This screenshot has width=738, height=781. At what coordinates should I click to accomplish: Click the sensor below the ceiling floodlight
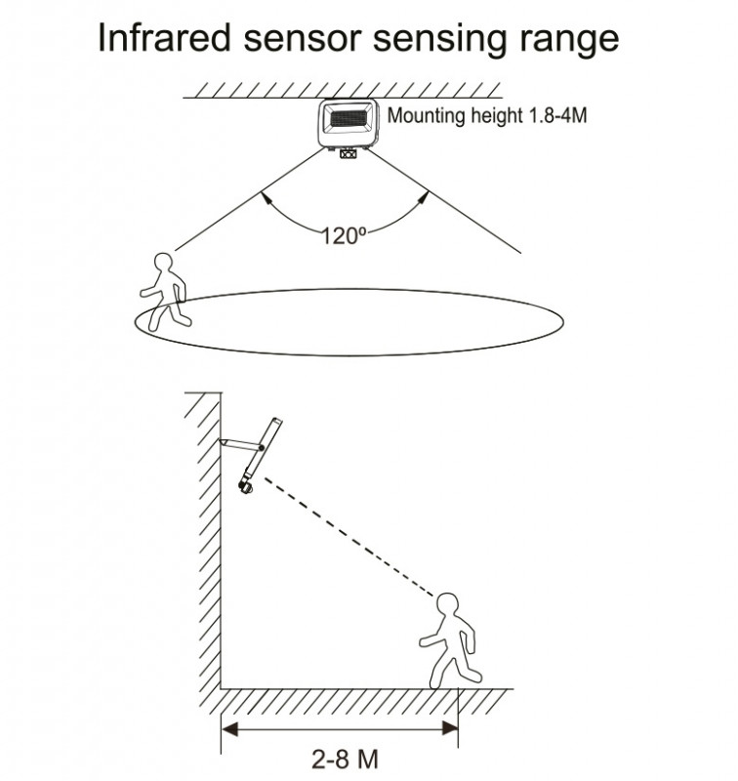point(349,152)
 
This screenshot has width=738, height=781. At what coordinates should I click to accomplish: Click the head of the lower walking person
point(448,604)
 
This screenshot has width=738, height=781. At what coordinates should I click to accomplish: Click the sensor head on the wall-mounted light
point(248,484)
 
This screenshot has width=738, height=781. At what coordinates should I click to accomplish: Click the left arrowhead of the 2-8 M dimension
point(227,726)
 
